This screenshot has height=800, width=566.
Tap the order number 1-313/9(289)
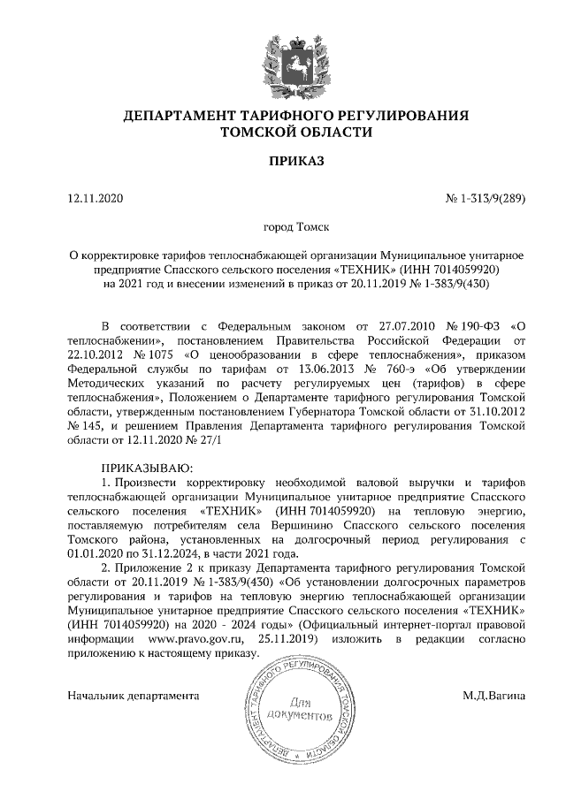pos(492,199)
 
